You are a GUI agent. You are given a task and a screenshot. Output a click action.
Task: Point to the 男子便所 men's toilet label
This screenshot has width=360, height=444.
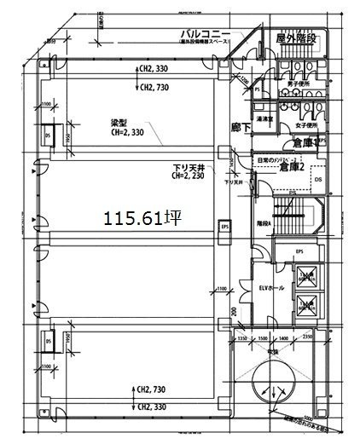click(305, 83)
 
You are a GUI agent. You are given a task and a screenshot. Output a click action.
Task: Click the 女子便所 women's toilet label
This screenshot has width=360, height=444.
click(305, 124)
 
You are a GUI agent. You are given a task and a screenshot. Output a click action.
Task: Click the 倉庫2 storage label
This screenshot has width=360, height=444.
click(292, 167)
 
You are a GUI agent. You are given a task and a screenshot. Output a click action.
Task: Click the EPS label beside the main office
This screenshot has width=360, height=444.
click(225, 227)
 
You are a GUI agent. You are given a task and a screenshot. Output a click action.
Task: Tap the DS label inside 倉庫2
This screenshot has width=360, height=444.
click(317, 180)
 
